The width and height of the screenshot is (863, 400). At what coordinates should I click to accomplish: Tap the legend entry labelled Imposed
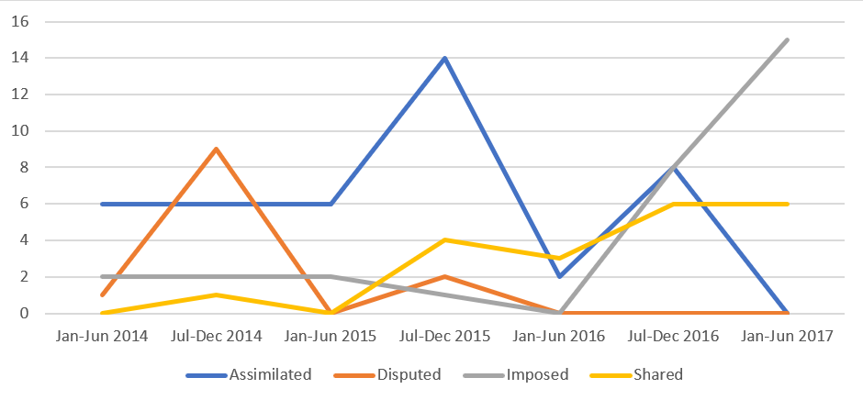click(x=540, y=374)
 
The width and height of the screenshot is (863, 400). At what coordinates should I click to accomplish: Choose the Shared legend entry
click(x=663, y=374)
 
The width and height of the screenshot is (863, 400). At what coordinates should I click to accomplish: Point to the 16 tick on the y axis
click(x=20, y=21)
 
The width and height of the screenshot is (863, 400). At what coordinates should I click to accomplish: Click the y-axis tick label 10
click(x=20, y=131)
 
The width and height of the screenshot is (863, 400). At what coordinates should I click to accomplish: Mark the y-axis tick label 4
click(x=25, y=240)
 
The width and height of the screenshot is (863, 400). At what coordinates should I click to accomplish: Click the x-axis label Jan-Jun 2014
click(x=101, y=337)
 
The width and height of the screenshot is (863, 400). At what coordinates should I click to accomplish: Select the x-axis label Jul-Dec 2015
click(x=445, y=337)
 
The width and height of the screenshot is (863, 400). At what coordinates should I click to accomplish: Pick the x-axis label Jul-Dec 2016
click(x=674, y=337)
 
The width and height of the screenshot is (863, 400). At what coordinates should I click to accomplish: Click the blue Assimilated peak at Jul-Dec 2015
click(x=445, y=58)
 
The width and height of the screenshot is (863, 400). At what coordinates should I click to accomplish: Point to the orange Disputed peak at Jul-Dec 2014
click(x=216, y=149)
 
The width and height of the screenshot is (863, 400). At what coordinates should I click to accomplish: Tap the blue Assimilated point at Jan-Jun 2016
click(x=559, y=277)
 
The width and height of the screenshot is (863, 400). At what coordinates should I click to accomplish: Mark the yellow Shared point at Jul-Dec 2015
click(x=445, y=240)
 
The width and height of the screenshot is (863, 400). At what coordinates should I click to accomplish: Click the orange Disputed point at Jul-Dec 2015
click(x=445, y=277)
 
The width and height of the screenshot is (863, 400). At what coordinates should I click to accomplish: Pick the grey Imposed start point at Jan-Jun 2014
click(x=101, y=277)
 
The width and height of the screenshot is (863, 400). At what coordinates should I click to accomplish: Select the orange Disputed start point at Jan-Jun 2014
click(x=101, y=295)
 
